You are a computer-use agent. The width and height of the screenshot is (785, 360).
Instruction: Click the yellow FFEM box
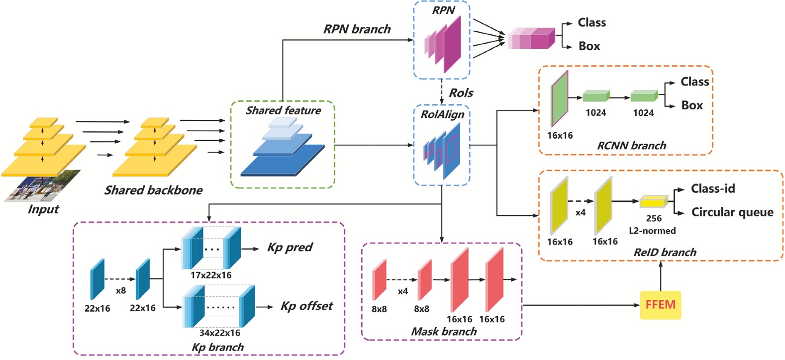click(660, 304)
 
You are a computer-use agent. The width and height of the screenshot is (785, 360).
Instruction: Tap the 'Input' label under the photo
click(43, 209)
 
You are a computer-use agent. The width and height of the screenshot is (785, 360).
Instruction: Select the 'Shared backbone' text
click(153, 190)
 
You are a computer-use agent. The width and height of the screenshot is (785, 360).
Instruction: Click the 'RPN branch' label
click(357, 29)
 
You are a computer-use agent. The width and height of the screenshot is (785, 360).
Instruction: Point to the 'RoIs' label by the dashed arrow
click(461, 93)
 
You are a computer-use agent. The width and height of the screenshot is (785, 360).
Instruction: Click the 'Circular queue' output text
click(732, 212)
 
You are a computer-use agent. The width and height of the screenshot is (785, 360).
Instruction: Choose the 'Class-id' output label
click(712, 189)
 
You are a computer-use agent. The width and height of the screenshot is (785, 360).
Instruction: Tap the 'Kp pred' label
click(290, 248)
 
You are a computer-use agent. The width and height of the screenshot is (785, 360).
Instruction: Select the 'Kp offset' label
click(306, 306)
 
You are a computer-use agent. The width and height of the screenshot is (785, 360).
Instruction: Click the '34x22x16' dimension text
click(219, 333)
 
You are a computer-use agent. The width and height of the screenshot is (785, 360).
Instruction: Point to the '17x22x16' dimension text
click(211, 275)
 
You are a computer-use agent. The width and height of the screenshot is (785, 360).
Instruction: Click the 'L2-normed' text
click(652, 231)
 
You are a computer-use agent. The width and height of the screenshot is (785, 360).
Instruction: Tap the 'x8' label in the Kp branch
click(120, 291)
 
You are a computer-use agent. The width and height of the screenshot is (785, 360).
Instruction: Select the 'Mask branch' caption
click(444, 332)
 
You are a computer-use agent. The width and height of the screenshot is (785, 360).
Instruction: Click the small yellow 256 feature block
click(653, 202)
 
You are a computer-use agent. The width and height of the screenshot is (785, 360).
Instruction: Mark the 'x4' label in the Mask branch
click(402, 291)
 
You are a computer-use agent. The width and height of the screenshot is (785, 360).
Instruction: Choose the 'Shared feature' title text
click(283, 110)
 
